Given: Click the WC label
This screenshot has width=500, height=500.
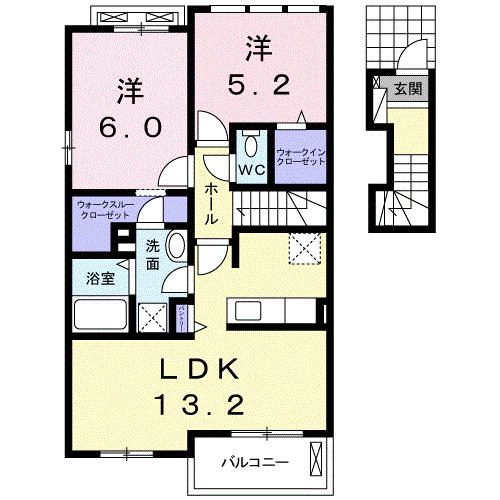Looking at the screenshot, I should pos(249,169).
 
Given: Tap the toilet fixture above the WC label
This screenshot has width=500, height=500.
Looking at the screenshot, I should pos(250,142).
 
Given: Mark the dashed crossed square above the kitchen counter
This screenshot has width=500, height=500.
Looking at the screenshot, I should pos(301,246).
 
